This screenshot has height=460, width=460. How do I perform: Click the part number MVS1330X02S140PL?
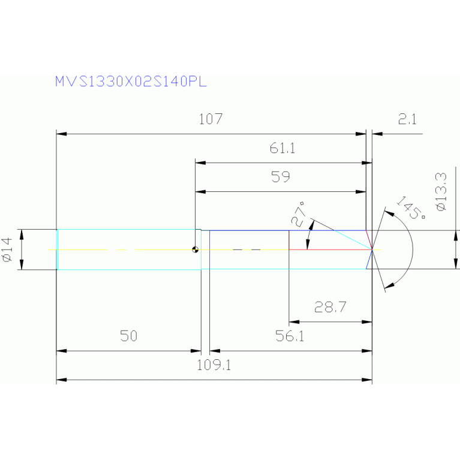[131, 82]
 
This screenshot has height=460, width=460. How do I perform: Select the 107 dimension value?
[211, 119]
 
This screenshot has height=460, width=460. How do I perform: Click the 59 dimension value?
[281, 177]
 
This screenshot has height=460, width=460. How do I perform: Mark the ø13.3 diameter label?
[442, 191]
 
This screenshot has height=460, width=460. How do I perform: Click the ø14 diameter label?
[8, 249]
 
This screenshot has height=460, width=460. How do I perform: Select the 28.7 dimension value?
[330, 308]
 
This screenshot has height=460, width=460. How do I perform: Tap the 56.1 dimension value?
[290, 336]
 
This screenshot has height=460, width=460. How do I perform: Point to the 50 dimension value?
[128, 336]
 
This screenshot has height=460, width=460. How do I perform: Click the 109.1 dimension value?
[214, 365]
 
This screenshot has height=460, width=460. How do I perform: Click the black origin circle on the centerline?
[196, 249]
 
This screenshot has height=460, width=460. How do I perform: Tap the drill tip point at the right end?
[372, 249]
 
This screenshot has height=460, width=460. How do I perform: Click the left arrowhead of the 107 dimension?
[59, 134]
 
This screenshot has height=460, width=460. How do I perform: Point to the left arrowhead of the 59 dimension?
[200, 192]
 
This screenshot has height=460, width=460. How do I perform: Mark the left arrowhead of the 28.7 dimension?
[293, 322]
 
